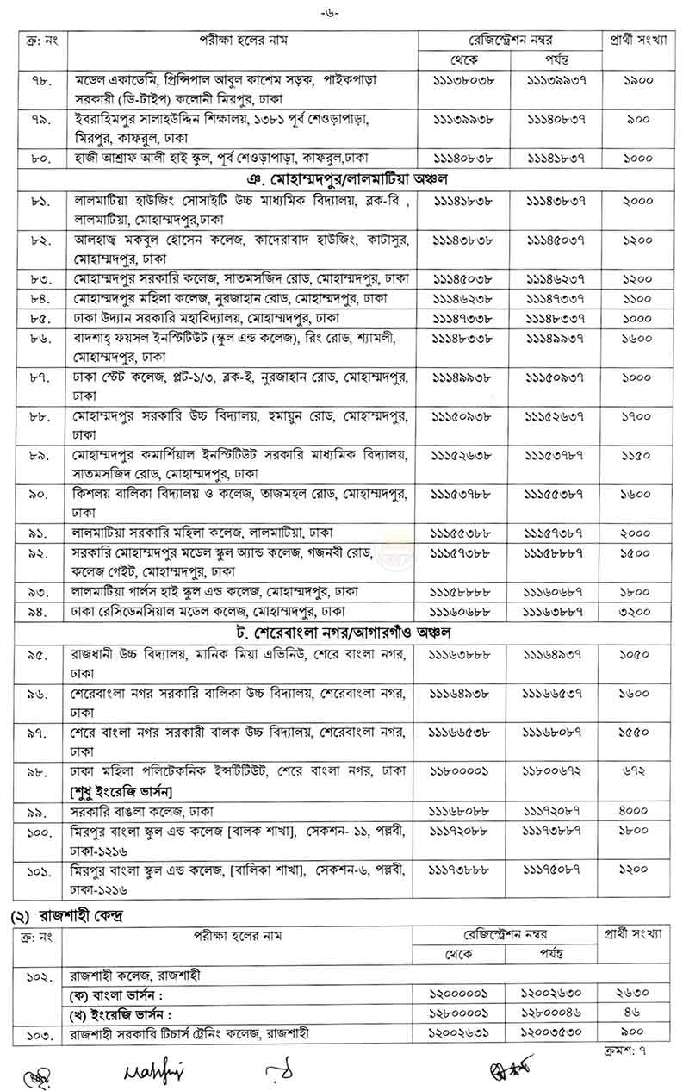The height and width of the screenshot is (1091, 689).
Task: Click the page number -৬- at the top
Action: [x=344, y=11]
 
